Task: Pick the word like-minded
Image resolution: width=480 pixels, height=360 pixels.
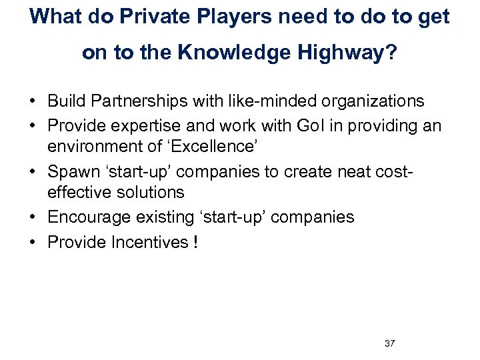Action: point(251,101)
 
